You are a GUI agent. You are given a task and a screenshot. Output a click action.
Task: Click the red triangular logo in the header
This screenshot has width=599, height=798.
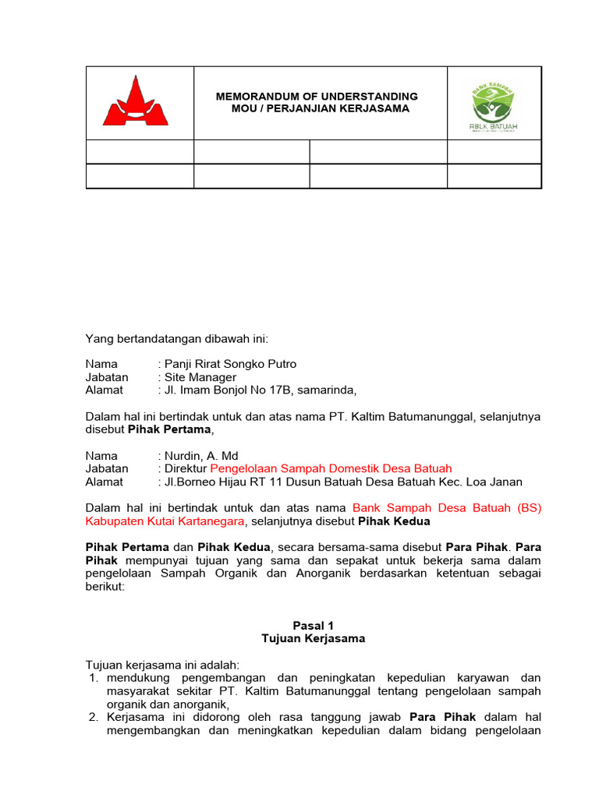(136, 102)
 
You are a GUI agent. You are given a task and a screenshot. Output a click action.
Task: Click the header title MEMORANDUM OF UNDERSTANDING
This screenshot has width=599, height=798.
(317, 97)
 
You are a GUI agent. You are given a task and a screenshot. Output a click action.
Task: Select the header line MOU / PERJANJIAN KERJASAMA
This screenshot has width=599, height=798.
(321, 108)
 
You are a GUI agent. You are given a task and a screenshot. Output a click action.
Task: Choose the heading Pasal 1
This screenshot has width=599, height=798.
(313, 625)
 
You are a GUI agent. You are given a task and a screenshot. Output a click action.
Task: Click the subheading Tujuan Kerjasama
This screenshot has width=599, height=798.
(313, 638)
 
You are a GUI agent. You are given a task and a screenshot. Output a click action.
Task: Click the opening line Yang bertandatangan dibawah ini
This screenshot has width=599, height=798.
(176, 338)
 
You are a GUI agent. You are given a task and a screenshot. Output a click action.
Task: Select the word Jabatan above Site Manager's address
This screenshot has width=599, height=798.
(107, 377)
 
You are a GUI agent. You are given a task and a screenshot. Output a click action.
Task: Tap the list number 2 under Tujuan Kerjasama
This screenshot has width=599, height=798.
(93, 717)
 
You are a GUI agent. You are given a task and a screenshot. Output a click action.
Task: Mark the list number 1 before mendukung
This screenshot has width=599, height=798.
(93, 678)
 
